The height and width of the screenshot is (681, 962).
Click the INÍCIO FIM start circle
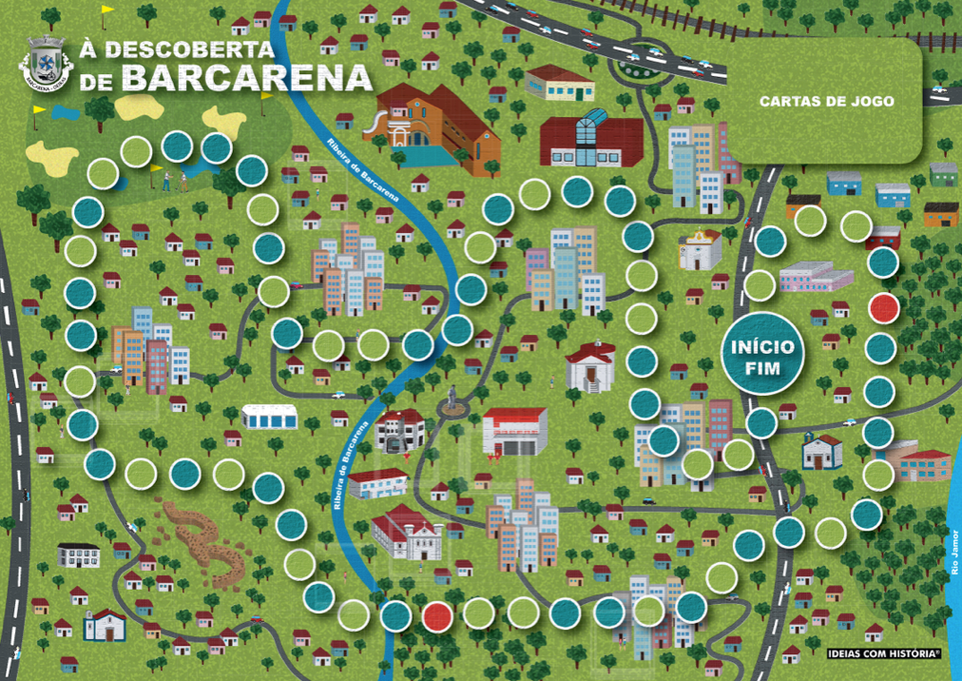pos(761,353)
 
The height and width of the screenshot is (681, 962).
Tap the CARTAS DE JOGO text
pos(826,101)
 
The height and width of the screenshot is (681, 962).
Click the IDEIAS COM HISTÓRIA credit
pos(883,653)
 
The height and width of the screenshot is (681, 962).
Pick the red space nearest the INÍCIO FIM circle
pos(884,308)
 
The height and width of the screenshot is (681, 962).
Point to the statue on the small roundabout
pos(452,399)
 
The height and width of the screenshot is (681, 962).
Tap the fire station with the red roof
pos(514,431)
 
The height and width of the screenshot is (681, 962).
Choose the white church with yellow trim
pos(700,248)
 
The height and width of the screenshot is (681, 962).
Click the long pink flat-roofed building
pos(816,277)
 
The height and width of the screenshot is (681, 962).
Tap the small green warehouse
pos(943,174)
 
